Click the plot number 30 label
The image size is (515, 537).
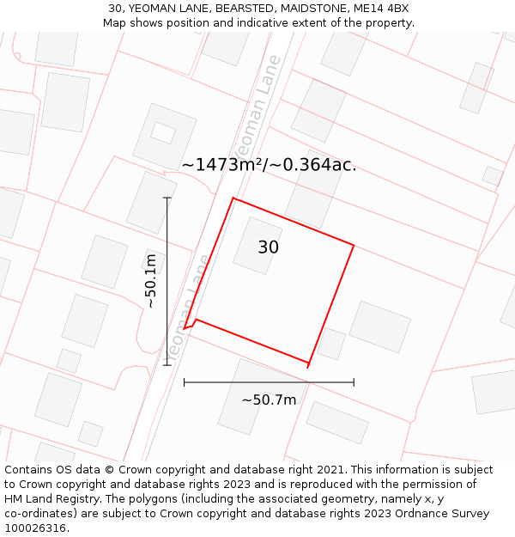coord(268,247)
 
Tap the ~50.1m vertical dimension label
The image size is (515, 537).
coord(150,281)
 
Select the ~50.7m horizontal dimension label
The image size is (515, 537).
coord(269,400)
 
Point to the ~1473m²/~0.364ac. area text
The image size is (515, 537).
coord(269,165)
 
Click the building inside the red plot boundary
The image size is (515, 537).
coord(257,245)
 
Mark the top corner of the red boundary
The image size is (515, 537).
coord(233,198)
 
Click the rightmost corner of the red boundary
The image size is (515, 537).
coord(354,245)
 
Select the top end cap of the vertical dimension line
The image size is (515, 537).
coord(167,198)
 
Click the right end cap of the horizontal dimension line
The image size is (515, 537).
coord(354,382)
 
